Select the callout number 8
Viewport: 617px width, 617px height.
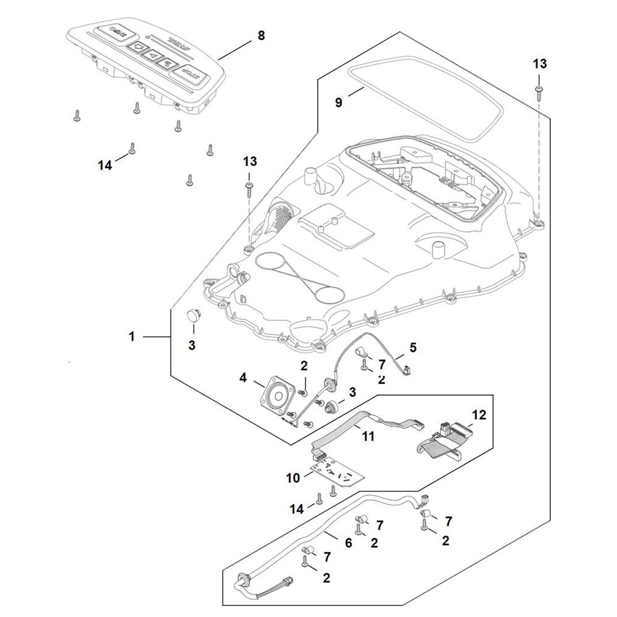pyautogui.click(x=261, y=35)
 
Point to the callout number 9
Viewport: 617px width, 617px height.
pyautogui.click(x=338, y=102)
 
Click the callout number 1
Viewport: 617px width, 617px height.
pyautogui.click(x=131, y=336)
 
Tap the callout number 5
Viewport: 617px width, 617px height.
pyautogui.click(x=413, y=347)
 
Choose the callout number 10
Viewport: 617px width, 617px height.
pyautogui.click(x=292, y=478)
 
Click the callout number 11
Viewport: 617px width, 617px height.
pyautogui.click(x=368, y=436)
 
